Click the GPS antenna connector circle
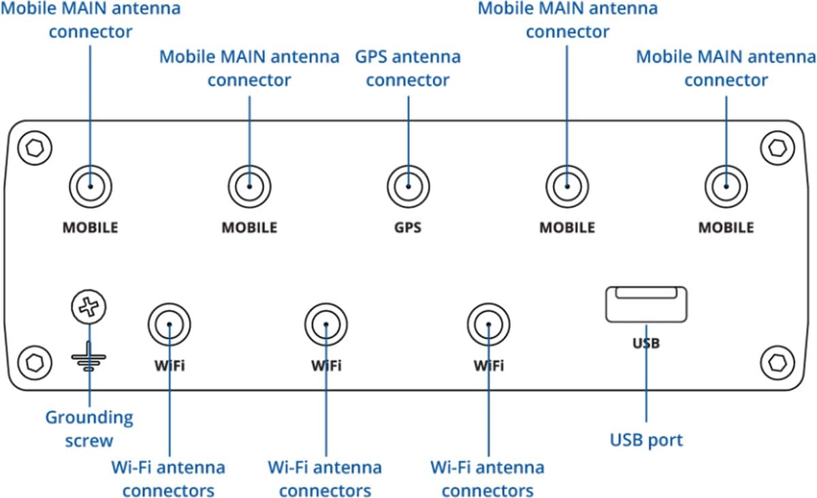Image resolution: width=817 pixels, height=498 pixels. [x=408, y=186]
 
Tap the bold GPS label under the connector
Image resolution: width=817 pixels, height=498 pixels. [x=407, y=227]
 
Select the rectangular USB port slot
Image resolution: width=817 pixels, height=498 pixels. [x=645, y=303]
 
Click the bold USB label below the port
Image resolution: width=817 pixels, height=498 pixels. [x=645, y=344]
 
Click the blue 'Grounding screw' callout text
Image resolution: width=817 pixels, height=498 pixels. [x=89, y=429]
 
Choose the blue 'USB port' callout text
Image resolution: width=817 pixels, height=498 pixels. [x=645, y=440]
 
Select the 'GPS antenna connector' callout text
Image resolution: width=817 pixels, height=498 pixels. [x=408, y=68]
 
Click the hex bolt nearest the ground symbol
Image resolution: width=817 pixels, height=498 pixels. [x=31, y=361]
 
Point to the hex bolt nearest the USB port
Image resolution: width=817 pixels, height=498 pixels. [x=775, y=361]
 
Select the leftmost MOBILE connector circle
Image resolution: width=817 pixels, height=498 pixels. [x=90, y=186]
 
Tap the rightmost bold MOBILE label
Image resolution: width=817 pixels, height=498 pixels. [x=726, y=227]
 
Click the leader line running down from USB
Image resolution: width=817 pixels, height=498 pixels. [x=645, y=388]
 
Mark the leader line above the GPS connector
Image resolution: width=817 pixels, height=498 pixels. [x=408, y=129]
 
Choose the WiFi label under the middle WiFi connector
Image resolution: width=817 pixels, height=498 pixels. [x=326, y=366]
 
